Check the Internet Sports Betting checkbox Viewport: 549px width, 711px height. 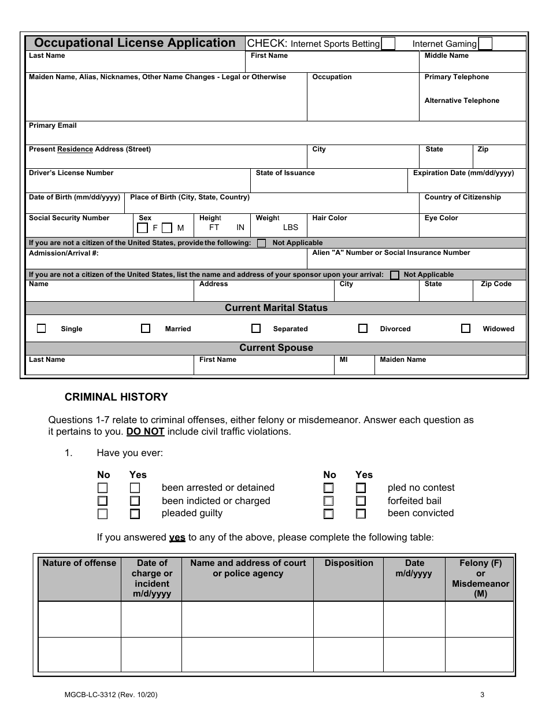coord(388,44)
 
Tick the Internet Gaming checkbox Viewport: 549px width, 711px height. coord(485,44)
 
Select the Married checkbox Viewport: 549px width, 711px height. coord(146,328)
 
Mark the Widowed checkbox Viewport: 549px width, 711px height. coord(466,328)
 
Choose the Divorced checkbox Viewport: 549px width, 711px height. coord(363,328)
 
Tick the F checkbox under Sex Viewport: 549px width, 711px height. coord(142,228)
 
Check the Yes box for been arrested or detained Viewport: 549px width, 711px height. coord(135,488)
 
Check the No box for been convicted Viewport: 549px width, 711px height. coord(329,513)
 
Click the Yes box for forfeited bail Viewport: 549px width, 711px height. coord(361,501)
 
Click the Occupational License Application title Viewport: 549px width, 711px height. coord(135,43)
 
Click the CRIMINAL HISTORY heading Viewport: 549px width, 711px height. coord(116,397)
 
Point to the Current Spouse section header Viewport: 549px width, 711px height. coord(276,348)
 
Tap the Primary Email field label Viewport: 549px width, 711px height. coord(53,125)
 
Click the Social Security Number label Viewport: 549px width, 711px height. coord(69,218)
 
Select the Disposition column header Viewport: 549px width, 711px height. coord(348,563)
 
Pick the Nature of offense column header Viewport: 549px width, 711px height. coord(79,563)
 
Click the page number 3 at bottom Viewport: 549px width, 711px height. coord(482,696)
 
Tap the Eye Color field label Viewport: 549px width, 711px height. coord(441,218)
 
